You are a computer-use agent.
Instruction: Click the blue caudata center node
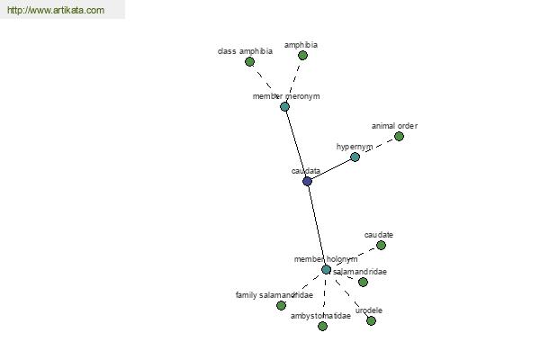pos(307,181)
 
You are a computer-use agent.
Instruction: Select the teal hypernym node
pos(355,157)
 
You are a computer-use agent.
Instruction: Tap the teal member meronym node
pos(284,106)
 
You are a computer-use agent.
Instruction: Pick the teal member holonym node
pos(326,269)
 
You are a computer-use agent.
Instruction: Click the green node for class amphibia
pos(249,62)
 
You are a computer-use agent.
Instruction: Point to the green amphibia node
pos(302,55)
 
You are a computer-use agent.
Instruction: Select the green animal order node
pos(399,137)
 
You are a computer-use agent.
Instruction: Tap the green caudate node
pos(381,246)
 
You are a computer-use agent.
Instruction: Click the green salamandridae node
pos(363,282)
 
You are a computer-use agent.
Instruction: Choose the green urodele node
pos(371,321)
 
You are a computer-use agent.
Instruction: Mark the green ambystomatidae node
pos(323,326)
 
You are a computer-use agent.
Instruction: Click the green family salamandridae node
pos(281,305)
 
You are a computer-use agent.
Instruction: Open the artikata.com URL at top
pos(56,10)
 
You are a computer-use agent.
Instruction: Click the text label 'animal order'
pos(395,126)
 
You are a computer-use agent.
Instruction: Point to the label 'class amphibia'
pos(245,51)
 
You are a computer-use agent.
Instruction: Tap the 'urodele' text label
pos(369,310)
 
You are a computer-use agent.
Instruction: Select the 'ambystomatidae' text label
pos(320,316)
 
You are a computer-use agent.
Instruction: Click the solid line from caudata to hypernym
pos(331,169)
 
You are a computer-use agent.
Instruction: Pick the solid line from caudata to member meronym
pos(296,144)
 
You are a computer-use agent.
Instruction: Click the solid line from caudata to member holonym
pos(317,225)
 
